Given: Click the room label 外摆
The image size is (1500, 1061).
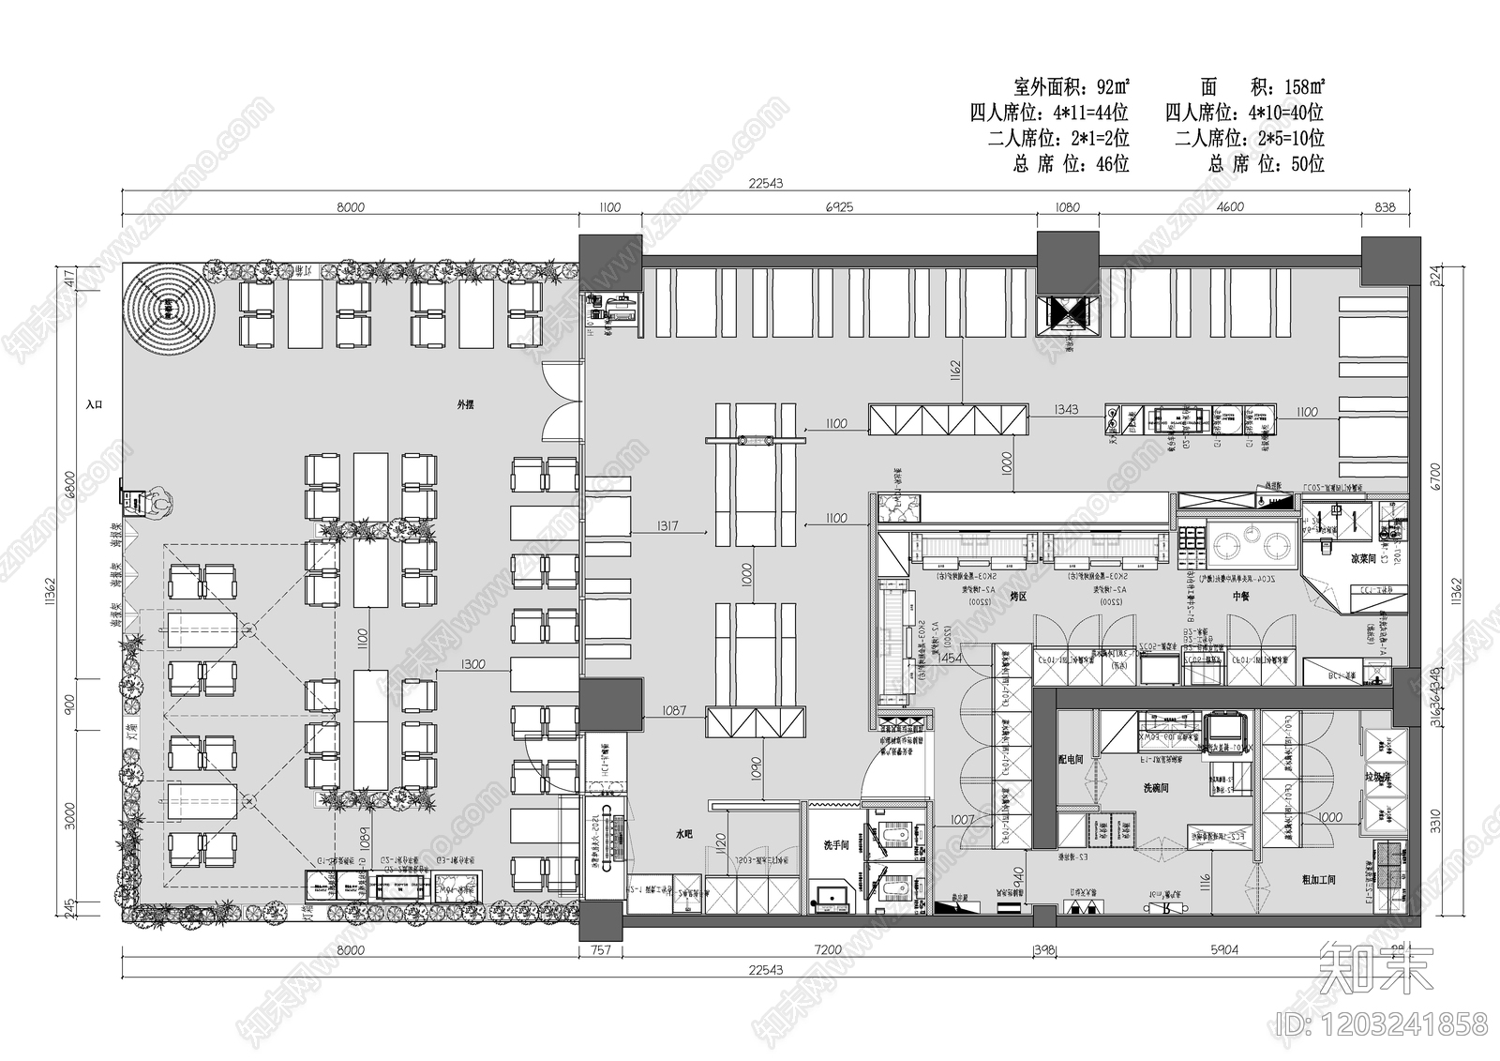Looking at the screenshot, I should click(x=465, y=405).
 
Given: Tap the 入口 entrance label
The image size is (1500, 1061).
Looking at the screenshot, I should click(x=93, y=404).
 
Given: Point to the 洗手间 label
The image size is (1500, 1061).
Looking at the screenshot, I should click(x=835, y=846).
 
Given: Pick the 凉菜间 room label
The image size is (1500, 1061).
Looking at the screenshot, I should click(x=1336, y=558).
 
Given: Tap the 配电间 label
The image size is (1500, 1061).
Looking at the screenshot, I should click(x=1071, y=759).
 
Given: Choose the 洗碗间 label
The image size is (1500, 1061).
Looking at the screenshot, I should click(x=1154, y=789).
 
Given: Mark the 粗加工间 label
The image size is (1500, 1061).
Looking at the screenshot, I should click(x=1318, y=880).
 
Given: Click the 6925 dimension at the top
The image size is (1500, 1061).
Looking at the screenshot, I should click(x=838, y=207).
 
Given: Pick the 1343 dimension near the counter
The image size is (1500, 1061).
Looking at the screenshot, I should click(x=1066, y=410).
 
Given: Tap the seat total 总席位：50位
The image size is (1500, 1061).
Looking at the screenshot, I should click(x=1266, y=164).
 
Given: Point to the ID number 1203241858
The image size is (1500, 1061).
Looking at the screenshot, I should click(x=1382, y=1022).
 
